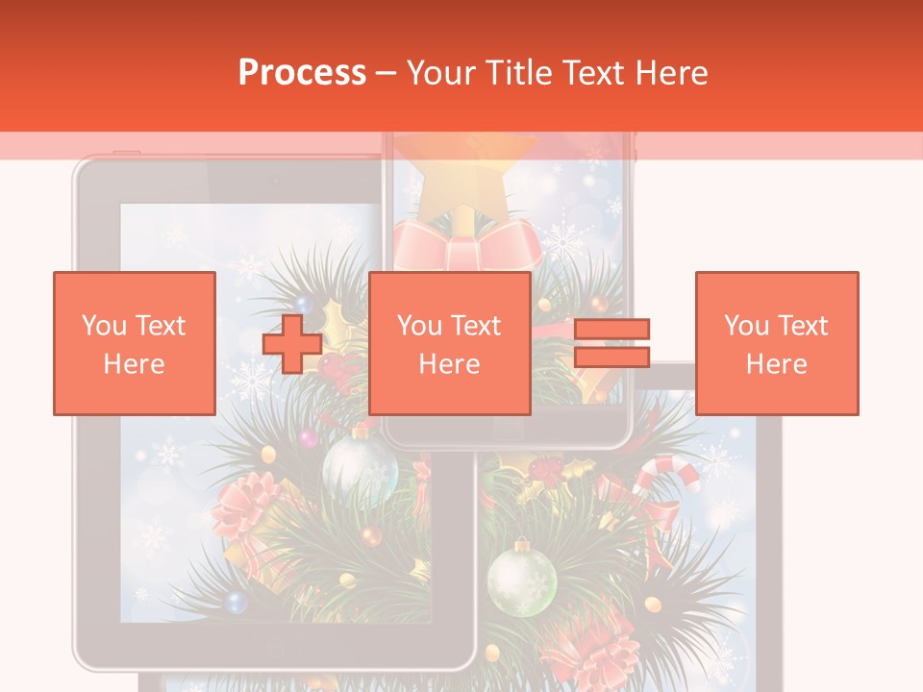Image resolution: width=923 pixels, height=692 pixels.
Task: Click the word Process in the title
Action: [x=302, y=73]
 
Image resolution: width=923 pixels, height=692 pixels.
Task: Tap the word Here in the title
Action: [x=669, y=73]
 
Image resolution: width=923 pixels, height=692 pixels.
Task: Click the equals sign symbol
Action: [x=611, y=343]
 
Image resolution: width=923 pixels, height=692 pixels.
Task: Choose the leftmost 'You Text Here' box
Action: [x=135, y=343]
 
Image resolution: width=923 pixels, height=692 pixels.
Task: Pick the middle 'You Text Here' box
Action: [x=449, y=343]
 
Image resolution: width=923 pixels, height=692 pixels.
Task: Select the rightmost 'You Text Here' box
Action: [x=776, y=343]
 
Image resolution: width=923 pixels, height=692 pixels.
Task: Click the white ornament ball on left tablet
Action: [x=360, y=468]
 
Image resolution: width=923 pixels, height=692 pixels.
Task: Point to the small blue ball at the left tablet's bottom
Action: [x=236, y=603]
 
